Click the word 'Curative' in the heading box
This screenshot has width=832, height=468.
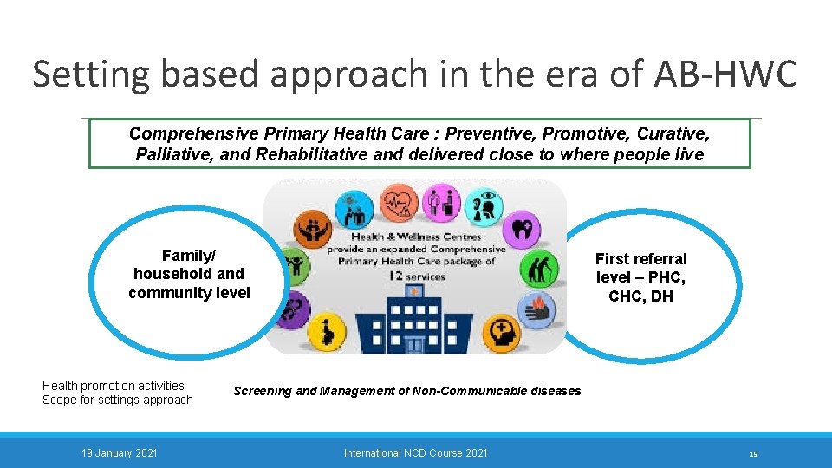pyautogui.click(x=673, y=133)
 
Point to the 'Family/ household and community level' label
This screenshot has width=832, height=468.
pyautogui.click(x=189, y=274)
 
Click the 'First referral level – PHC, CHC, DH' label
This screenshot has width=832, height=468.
pyautogui.click(x=641, y=277)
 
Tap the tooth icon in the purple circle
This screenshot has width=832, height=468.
pyautogui.click(x=523, y=229)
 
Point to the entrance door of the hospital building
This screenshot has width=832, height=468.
pyautogui.click(x=414, y=344)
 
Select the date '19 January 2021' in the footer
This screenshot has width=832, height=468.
pyautogui.click(x=119, y=452)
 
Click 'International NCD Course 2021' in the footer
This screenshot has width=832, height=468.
pyautogui.click(x=415, y=452)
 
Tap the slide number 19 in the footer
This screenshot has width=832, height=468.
pyautogui.click(x=753, y=453)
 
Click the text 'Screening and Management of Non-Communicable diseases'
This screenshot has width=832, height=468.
pyautogui.click(x=407, y=391)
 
